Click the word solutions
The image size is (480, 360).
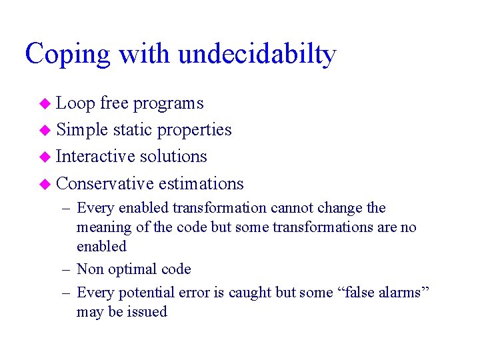click(175, 157)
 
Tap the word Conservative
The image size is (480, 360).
click(105, 183)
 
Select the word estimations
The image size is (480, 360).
click(201, 183)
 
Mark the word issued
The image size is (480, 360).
click(146, 312)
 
